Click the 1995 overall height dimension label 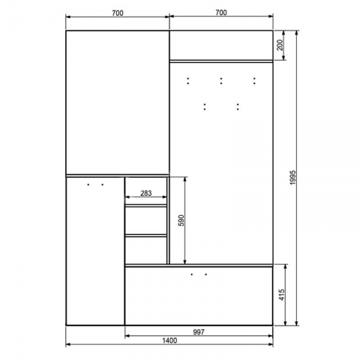[293, 178]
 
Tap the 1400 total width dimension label [169, 340]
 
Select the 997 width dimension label [199, 332]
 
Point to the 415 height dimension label [281, 295]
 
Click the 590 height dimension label [181, 220]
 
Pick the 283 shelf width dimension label [145, 193]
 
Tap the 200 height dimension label [280, 45]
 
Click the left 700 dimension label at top [118, 13]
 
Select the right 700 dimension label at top [221, 13]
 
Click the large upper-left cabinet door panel [118, 103]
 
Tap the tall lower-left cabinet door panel [95, 251]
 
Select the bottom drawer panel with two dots [199, 296]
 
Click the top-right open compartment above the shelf [221, 45]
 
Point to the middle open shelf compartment [145, 220]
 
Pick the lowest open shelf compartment [145, 250]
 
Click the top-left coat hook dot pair [188, 81]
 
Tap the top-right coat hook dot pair [254, 81]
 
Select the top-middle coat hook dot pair [221, 81]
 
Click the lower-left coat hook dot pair [205, 106]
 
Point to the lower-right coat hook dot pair [238, 106]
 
